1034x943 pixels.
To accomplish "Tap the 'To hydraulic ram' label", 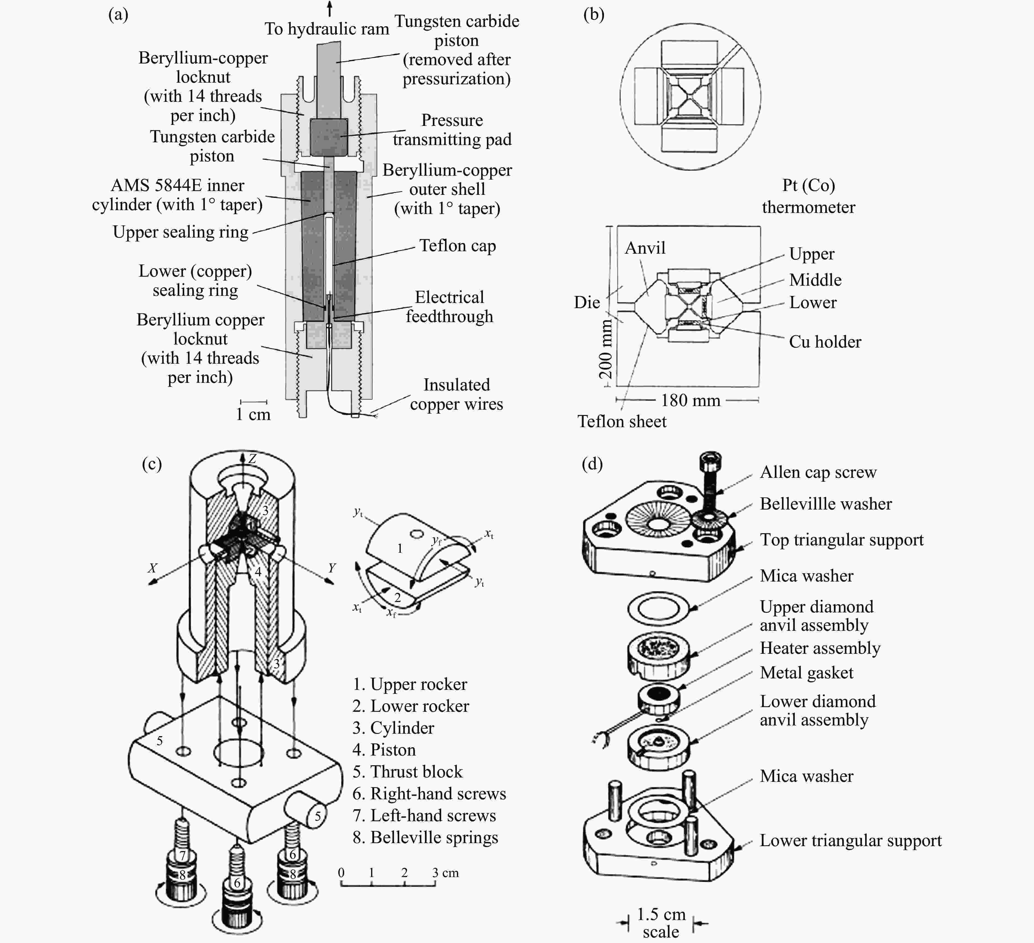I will coord(327,29).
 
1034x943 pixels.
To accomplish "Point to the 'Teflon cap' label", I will coord(457,246).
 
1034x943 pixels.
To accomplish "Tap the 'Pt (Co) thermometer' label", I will coord(808,196).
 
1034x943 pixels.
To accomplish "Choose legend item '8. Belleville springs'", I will coord(425,837).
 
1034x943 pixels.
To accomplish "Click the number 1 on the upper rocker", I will coord(400,548).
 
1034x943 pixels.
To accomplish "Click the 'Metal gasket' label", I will coord(806,673).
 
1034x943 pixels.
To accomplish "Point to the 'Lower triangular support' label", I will coord(850,840).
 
